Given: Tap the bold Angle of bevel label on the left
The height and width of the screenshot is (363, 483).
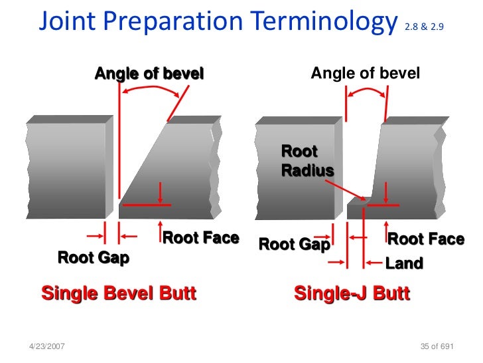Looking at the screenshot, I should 149,73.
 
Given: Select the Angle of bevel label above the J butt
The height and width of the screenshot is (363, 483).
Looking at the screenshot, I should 365,73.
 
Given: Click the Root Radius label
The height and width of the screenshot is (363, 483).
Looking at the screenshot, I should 307,161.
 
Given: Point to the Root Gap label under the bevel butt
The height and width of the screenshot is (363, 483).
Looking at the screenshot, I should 93,257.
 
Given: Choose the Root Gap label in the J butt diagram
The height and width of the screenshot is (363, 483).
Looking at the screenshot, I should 294,244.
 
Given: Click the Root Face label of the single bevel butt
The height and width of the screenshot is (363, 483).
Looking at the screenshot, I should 200,238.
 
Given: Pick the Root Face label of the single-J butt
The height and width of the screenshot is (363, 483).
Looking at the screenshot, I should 425,239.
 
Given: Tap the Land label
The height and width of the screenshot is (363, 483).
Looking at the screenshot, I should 403,263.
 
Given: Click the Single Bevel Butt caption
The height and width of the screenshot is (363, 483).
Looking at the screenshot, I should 119,293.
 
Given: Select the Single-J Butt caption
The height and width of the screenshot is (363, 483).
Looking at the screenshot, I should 352,293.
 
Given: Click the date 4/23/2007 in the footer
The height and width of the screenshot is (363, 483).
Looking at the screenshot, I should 47,348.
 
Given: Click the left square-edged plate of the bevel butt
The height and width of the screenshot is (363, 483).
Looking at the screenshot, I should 66,170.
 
